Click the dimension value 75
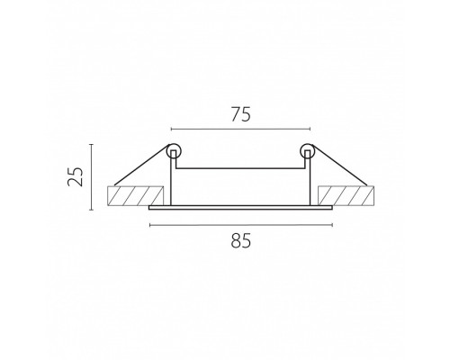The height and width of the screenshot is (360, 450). point(240,115)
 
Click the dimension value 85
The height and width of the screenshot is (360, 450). point(241,241)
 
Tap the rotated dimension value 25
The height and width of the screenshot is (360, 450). point(75,176)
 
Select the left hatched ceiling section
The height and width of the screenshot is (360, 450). point(135,196)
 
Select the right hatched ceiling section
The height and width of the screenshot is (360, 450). point(346,196)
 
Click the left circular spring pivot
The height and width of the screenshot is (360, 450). point(174,151)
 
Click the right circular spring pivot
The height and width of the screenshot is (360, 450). point(307,151)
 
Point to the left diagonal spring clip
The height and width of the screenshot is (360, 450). point(142,165)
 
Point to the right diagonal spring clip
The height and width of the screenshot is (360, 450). point(339,165)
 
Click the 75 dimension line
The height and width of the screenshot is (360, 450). point(240,129)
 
